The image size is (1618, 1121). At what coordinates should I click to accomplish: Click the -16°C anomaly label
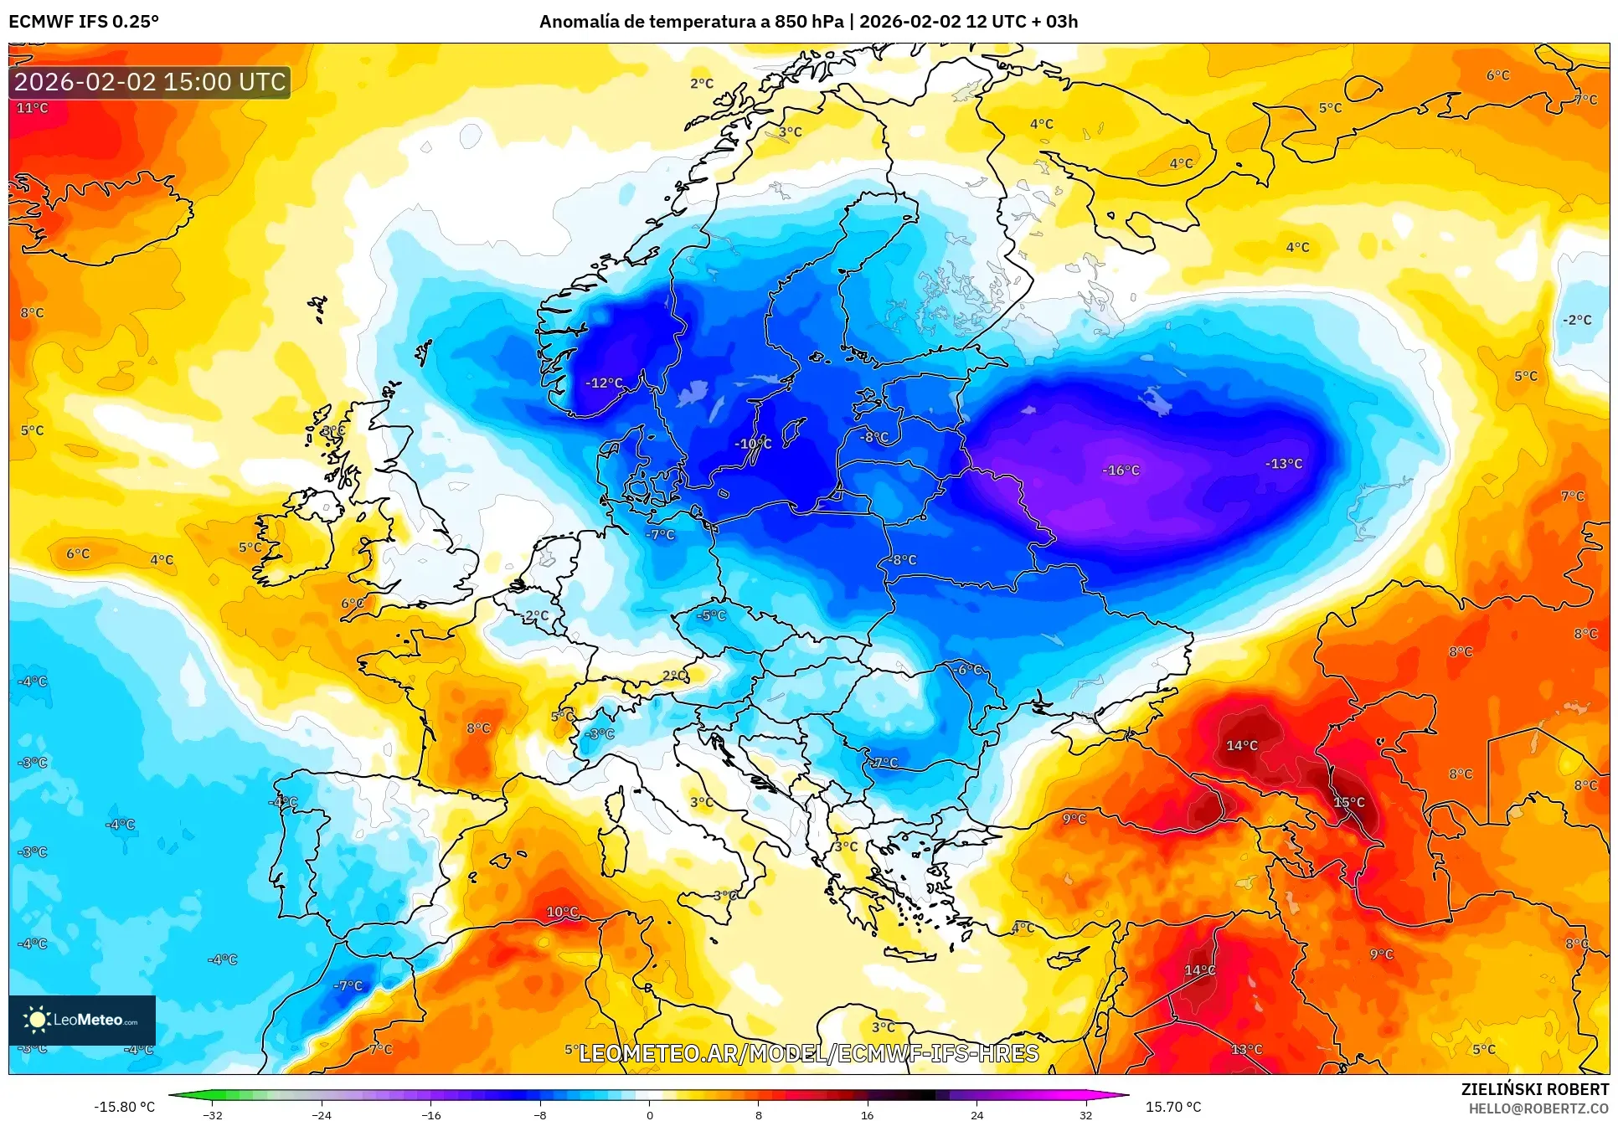click(1121, 471)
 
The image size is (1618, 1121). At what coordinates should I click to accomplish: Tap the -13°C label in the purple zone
click(1284, 464)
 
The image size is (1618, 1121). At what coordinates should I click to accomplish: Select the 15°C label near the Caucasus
click(1349, 802)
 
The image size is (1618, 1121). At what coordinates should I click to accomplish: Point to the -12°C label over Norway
click(605, 383)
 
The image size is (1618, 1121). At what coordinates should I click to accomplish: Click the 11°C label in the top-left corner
click(33, 108)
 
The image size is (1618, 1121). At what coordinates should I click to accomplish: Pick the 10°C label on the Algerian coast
click(562, 912)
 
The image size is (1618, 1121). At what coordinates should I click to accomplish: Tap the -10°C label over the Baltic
click(753, 444)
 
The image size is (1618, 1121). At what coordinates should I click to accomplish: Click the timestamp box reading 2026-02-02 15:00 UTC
click(150, 82)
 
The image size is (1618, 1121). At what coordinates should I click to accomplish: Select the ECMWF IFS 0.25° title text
click(84, 22)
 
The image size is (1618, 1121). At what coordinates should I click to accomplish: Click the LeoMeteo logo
click(82, 1020)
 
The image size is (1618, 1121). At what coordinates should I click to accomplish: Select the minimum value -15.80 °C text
click(124, 1107)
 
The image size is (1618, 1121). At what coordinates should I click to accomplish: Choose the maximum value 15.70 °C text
click(1173, 1107)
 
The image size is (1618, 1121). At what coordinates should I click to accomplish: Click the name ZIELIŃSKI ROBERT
click(1535, 1089)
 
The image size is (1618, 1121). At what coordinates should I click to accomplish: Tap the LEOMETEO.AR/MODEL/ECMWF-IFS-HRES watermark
click(808, 1053)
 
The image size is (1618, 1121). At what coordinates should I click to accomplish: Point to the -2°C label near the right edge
click(1577, 320)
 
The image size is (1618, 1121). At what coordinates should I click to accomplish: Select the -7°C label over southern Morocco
click(348, 986)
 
